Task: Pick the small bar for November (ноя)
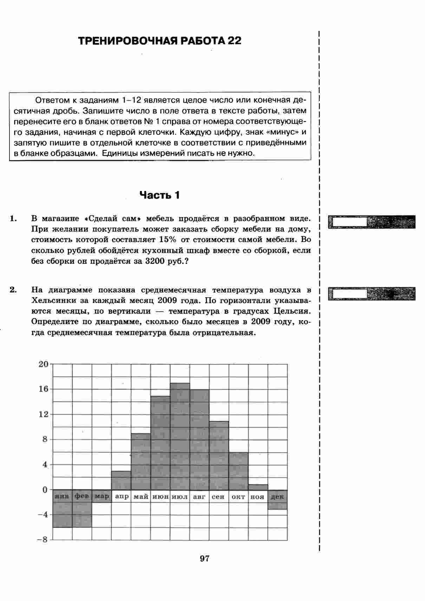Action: [258, 487]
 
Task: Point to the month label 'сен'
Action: [218, 497]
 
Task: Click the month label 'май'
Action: [141, 497]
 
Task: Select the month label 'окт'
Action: [238, 497]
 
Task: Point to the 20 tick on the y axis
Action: [43, 364]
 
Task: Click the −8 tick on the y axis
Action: [42, 540]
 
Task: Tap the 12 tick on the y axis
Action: [43, 414]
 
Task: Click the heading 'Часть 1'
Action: [159, 195]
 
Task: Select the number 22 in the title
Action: [234, 41]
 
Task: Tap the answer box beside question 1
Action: [349, 222]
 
